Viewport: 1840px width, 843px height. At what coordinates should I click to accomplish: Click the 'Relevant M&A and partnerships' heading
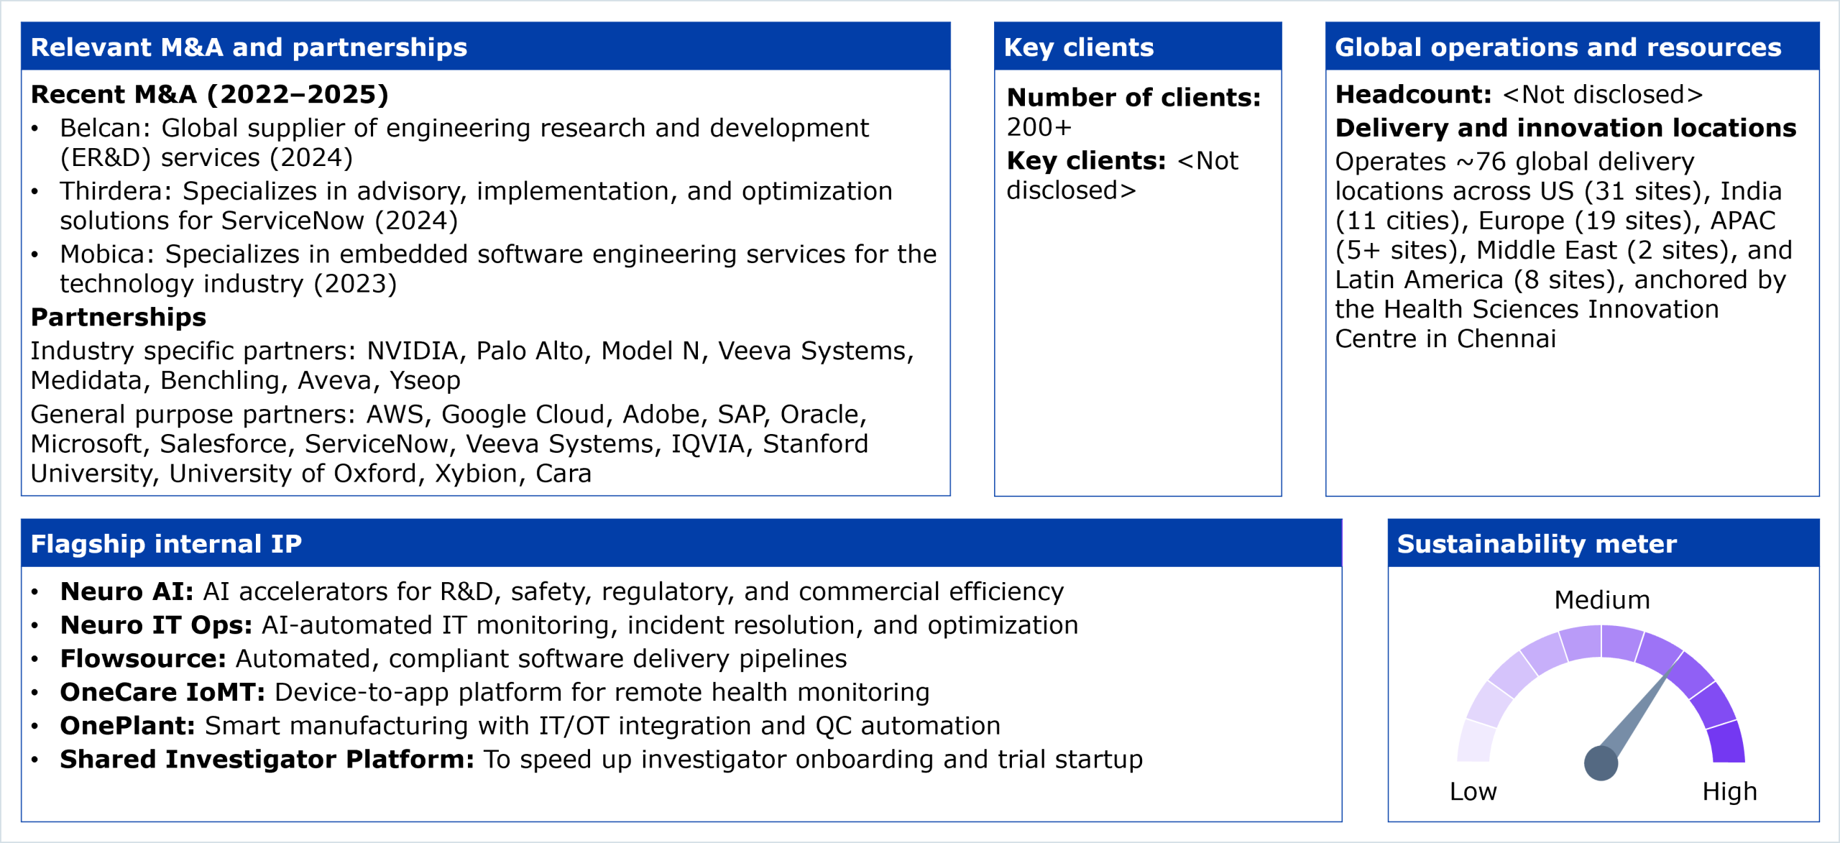(249, 47)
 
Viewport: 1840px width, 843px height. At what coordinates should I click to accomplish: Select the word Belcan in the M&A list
(101, 128)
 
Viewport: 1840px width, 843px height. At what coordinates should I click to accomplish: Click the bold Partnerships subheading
(119, 317)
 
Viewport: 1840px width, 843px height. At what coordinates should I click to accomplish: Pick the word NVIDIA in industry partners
(413, 351)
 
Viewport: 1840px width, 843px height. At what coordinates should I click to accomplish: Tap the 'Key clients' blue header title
(1079, 47)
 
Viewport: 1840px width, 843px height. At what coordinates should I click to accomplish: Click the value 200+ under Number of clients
(1039, 127)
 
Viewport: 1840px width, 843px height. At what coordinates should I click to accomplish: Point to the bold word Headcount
(1413, 94)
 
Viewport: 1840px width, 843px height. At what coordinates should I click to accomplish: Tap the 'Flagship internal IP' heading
(166, 544)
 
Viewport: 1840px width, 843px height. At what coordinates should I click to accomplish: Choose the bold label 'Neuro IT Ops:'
(156, 625)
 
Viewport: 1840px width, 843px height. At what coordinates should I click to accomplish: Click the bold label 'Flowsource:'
(143, 658)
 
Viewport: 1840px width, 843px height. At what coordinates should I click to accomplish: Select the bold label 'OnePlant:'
(127, 726)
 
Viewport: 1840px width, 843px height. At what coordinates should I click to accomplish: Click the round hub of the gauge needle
(1601, 763)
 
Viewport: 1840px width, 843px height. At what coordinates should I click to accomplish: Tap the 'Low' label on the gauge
(1473, 791)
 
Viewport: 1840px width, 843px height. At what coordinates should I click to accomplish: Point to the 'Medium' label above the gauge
(1601, 599)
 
